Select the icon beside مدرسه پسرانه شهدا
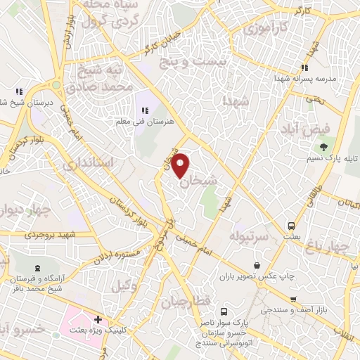[x=304, y=68]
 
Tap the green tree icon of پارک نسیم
[x=323, y=147]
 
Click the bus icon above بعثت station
[x=291, y=226]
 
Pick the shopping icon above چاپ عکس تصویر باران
[x=257, y=265]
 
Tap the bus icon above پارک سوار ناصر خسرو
[x=224, y=311]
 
